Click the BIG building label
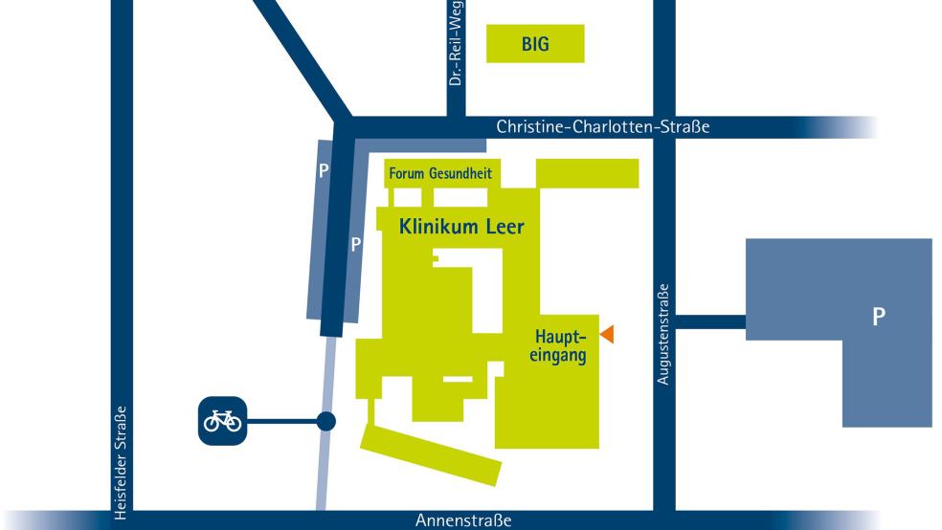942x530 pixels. [x=535, y=44]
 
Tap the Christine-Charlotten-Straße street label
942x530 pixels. [x=603, y=127]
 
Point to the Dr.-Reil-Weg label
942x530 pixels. [x=456, y=43]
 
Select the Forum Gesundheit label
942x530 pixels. [x=439, y=175]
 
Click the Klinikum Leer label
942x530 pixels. [x=462, y=228]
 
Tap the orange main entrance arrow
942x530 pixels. [x=606, y=333]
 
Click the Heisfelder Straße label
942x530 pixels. [x=121, y=461]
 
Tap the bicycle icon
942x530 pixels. [x=221, y=420]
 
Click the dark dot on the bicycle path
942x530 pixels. [x=326, y=420]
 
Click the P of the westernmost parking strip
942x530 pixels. [x=324, y=171]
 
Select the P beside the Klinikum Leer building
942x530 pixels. [x=355, y=244]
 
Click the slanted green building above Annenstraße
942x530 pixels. [x=431, y=454]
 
